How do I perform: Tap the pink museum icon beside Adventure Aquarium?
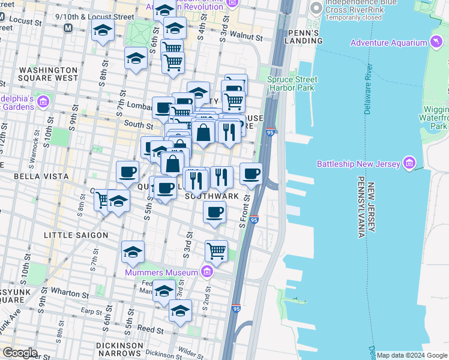pyautogui.click(x=437, y=42)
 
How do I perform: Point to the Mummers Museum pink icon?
pyautogui.click(x=207, y=272)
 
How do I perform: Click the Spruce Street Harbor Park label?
pyautogui.click(x=292, y=83)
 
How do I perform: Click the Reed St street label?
pyautogui.click(x=151, y=329)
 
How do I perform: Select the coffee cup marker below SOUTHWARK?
pyautogui.click(x=214, y=212)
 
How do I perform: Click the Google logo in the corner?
pyautogui.click(x=19, y=353)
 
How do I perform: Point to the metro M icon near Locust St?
pyautogui.click(x=68, y=28)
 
